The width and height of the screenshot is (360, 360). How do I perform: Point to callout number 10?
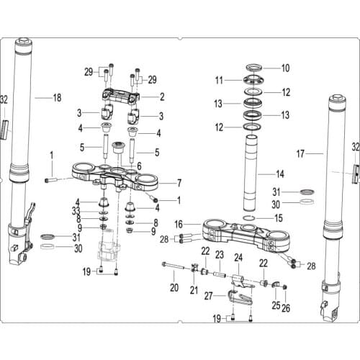pyautogui.click(x=285, y=68)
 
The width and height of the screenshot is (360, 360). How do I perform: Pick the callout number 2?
pyautogui.click(x=162, y=96)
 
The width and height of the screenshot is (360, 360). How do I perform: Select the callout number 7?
pyautogui.click(x=179, y=182)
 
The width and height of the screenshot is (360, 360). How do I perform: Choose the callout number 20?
pyautogui.click(x=174, y=288)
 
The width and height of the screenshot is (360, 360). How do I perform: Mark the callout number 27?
pyautogui.click(x=210, y=295)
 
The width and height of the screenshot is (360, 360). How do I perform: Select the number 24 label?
pyautogui.click(x=239, y=257)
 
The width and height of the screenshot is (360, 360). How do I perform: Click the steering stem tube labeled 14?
pyautogui.click(x=252, y=166)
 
